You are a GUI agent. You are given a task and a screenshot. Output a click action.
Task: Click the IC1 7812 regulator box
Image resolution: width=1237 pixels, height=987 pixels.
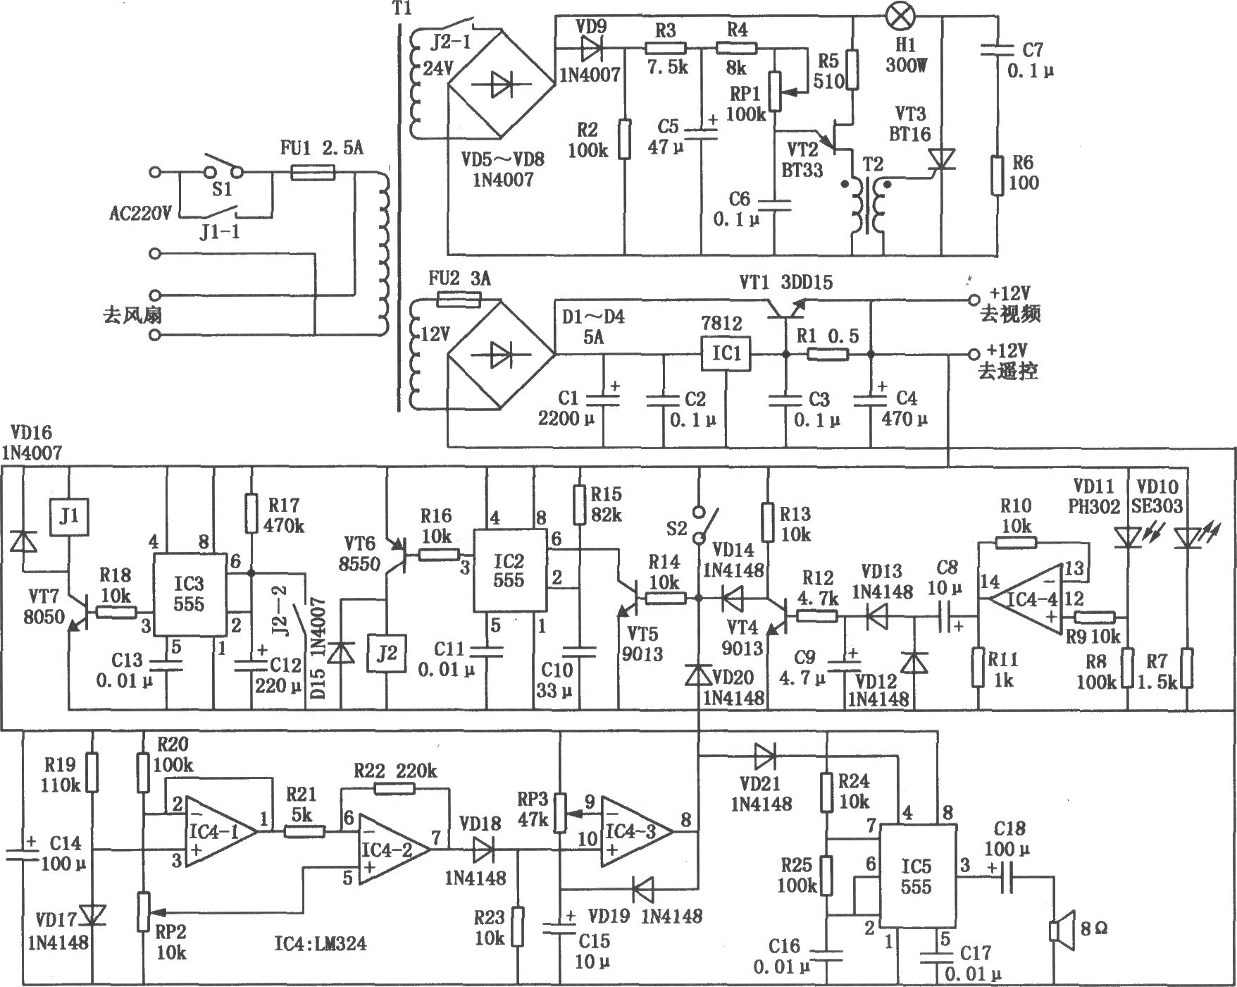click(726, 352)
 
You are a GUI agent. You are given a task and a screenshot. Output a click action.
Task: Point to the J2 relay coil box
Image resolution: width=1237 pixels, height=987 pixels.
click(387, 653)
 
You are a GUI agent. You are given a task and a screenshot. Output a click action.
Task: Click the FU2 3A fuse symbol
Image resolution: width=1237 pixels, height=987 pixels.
click(459, 300)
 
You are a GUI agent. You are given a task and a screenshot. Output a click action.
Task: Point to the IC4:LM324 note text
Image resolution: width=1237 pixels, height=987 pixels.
click(321, 943)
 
